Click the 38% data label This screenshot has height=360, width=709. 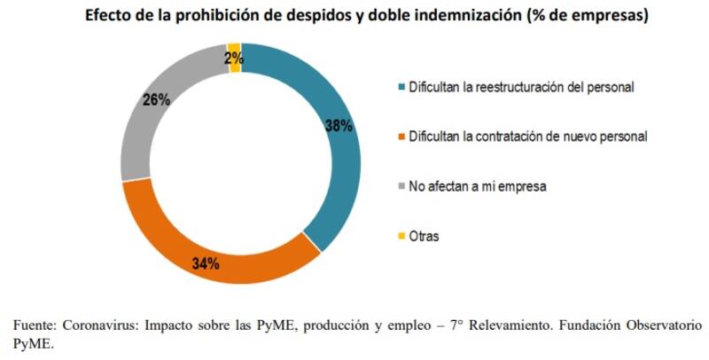click(x=339, y=126)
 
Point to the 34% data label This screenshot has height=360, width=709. click(x=206, y=262)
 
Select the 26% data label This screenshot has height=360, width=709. click(x=156, y=99)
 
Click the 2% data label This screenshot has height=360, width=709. click(x=233, y=59)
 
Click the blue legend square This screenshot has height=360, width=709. click(x=402, y=87)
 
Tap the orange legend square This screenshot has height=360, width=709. click(x=402, y=137)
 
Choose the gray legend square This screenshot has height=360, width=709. click(x=402, y=186)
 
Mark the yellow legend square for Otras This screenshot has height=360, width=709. click(x=402, y=237)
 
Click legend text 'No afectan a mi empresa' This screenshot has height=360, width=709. click(x=470, y=186)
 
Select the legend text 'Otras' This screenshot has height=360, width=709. click(x=425, y=237)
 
